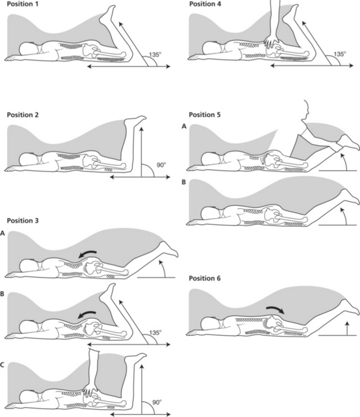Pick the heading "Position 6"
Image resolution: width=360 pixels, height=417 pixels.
coord(205,278)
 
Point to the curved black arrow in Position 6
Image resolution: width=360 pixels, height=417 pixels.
coord(274,308)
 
